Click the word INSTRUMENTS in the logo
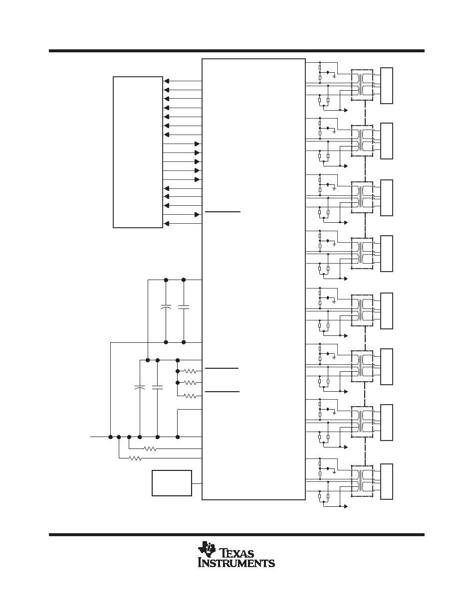pyautogui.click(x=236, y=563)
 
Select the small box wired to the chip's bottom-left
pyautogui.click(x=172, y=483)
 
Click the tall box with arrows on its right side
pyautogui.click(x=138, y=152)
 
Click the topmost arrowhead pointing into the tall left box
pyautogui.click(x=166, y=81)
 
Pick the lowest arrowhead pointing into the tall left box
pyautogui.click(x=166, y=224)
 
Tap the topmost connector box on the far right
pyautogui.click(x=387, y=86)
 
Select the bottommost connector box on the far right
pyautogui.click(x=387, y=481)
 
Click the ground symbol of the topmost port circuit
pyautogui.click(x=334, y=76)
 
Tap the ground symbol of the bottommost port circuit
pyautogui.click(x=334, y=472)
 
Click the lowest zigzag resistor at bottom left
pyautogui.click(x=135, y=458)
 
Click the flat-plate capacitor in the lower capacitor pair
pyautogui.click(x=158, y=387)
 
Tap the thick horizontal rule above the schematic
pyautogui.click(x=236, y=51)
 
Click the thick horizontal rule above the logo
pyautogui.click(x=236, y=534)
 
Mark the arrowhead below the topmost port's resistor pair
pyautogui.click(x=346, y=110)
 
